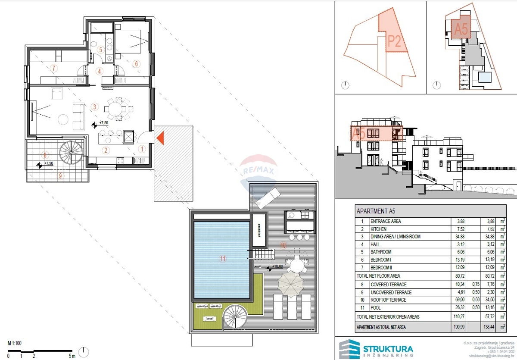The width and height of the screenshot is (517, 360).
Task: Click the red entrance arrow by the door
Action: click(x=160, y=138)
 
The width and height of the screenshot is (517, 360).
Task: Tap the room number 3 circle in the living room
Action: click(x=94, y=107)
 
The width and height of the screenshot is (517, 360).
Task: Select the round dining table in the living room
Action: click(x=117, y=108)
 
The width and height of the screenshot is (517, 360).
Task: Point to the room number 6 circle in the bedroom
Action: click(x=136, y=64)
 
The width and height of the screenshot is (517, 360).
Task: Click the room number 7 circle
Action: click(x=54, y=68)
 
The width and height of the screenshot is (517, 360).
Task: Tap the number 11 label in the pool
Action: click(x=223, y=259)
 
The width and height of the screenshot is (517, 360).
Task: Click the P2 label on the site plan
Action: click(x=394, y=41)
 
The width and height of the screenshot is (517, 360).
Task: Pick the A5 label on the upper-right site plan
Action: click(x=461, y=29)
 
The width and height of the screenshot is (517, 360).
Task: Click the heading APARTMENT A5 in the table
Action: click(x=376, y=212)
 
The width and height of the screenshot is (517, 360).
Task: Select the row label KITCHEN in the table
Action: click(x=378, y=229)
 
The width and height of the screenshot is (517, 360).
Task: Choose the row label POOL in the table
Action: click(x=376, y=307)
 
